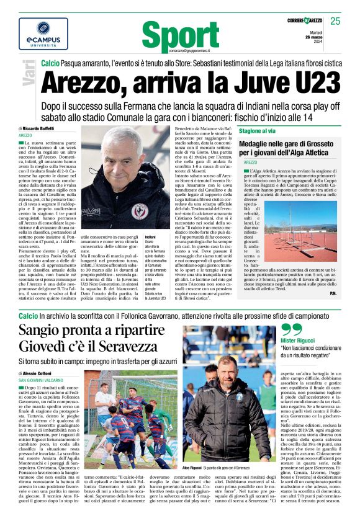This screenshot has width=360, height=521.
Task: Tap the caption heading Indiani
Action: (x=150, y=237)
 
